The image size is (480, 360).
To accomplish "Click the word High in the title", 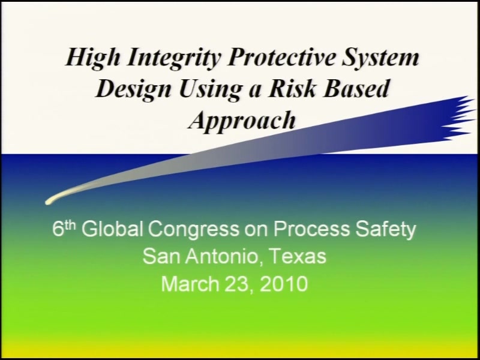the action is tap(93, 58).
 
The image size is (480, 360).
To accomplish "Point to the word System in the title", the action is tap(380, 58).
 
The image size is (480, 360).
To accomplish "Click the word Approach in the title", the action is tap(242, 121).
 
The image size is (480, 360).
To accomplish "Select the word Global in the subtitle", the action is tap(112, 229).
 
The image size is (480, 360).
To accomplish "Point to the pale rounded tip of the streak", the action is tap(49, 201).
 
